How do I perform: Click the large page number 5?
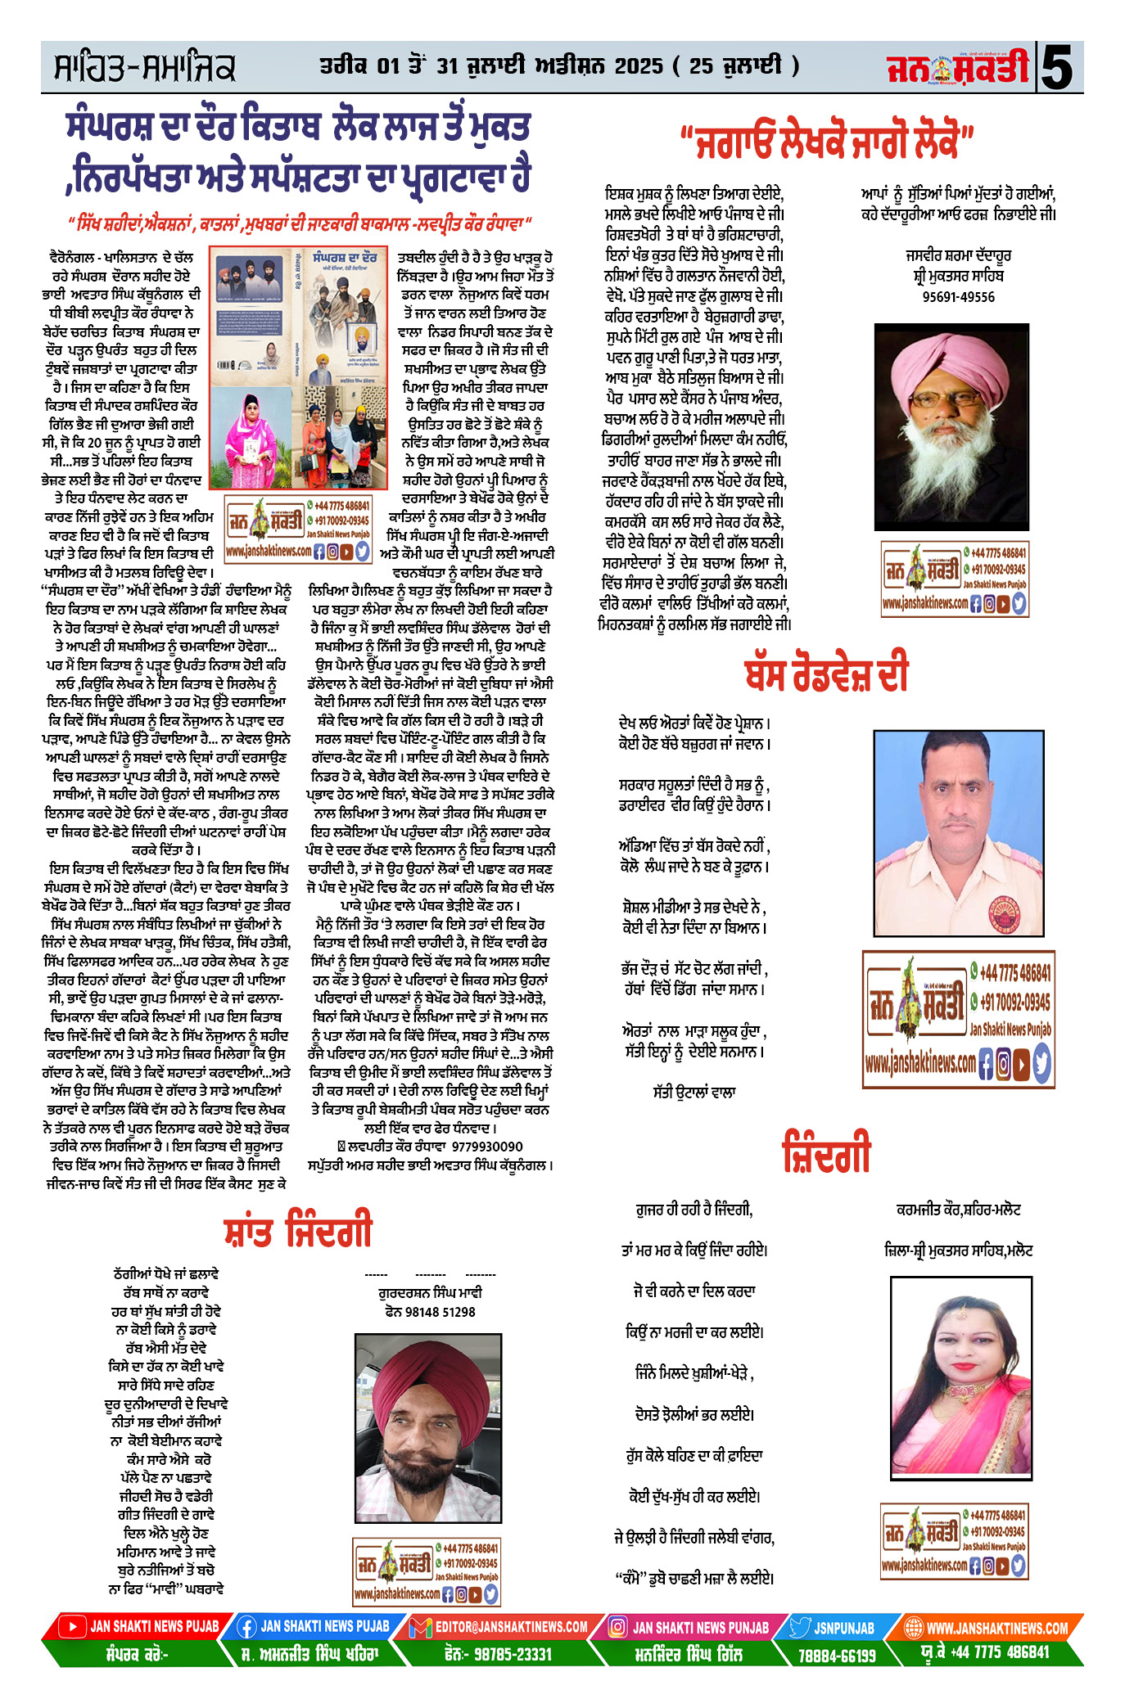[x=1058, y=67]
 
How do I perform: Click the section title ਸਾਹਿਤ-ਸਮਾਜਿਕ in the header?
[x=144, y=68]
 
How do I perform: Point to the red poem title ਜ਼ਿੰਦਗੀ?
[x=826, y=1153]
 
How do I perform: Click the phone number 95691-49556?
[x=958, y=297]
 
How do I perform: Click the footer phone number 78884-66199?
[x=837, y=1656]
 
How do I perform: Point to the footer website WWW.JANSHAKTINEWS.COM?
[x=996, y=1628]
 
